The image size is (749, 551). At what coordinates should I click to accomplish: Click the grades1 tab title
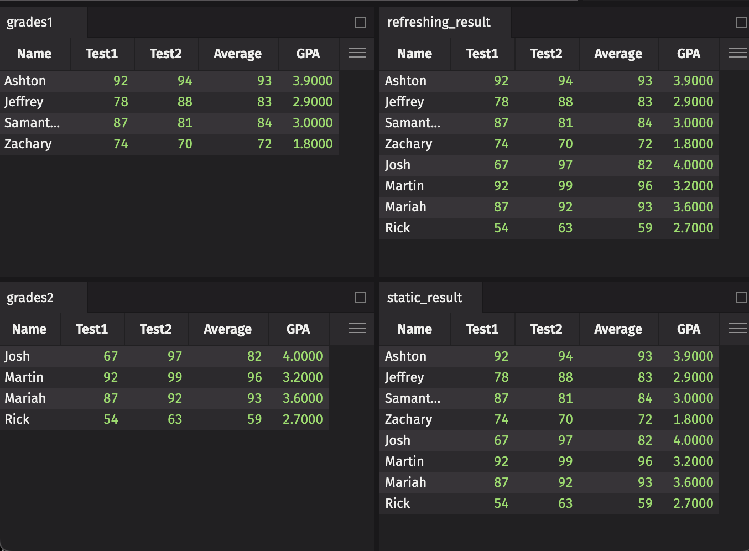pos(30,22)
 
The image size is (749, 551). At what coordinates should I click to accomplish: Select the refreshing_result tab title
pos(439,22)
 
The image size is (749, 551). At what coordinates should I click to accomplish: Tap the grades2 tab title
pos(30,298)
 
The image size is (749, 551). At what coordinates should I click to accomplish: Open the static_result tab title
pos(424,298)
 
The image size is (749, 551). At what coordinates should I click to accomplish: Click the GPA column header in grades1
pos(308,54)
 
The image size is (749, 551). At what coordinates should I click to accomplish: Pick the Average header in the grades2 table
pos(227,329)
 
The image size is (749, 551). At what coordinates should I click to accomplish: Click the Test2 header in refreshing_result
pos(546,54)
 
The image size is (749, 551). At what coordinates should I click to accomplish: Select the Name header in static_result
pos(414,329)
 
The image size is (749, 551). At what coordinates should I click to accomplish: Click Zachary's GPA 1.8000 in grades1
pos(313,144)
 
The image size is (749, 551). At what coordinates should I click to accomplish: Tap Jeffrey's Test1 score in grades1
pos(121,102)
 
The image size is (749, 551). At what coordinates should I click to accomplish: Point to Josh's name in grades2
pos(17,356)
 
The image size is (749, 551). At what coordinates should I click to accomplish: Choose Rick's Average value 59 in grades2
pos(254,419)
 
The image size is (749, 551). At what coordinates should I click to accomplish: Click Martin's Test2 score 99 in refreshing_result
pos(565,186)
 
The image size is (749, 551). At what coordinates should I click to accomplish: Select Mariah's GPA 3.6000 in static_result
pos(693,482)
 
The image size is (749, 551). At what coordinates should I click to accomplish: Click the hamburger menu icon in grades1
pos(357,53)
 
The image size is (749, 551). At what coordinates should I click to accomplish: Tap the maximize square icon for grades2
pos(361,298)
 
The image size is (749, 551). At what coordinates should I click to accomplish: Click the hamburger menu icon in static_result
pos(738,328)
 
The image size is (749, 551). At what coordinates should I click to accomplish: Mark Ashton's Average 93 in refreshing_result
pos(645,81)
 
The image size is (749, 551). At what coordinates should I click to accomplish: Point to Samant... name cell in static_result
pos(413,398)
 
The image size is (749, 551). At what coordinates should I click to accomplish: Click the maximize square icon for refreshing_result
pos(741,22)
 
